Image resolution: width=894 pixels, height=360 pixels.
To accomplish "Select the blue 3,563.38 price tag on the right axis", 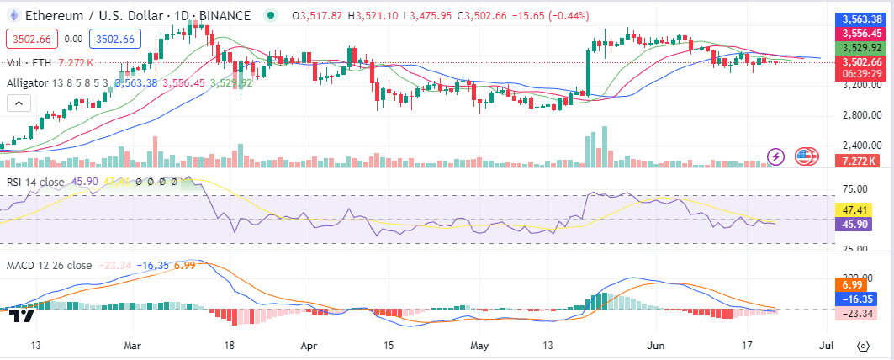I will [860, 19].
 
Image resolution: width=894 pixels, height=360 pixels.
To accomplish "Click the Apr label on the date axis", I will [309, 345].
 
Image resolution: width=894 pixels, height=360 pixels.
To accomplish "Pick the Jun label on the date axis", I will [657, 345].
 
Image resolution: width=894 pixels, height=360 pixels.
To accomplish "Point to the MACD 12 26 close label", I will [49, 266].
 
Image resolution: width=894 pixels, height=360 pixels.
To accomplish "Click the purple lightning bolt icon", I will [777, 156].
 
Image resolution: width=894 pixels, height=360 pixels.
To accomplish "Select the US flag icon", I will [807, 156].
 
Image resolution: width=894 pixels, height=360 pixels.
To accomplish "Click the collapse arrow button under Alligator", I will [18, 103].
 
